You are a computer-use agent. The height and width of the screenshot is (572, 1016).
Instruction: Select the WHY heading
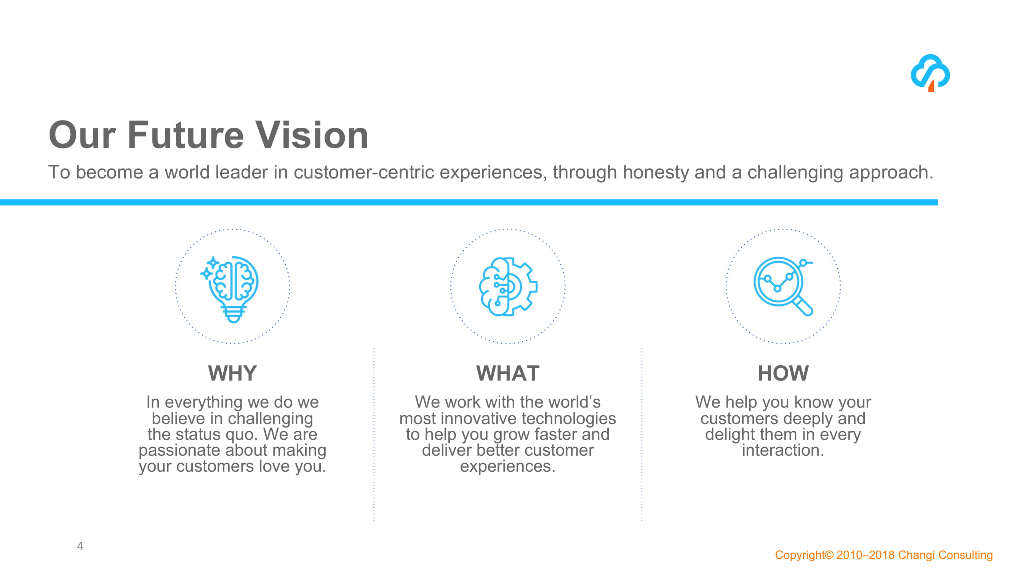232,373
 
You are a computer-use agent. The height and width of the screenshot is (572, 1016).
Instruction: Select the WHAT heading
507,373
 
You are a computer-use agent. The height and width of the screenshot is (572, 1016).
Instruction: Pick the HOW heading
783,373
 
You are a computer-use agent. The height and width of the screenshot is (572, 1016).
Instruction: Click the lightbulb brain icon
232,288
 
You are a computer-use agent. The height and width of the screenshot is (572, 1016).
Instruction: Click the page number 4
80,546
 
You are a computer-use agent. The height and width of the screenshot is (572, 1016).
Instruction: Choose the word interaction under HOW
783,450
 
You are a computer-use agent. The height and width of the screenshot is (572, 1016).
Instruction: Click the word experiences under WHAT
507,467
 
